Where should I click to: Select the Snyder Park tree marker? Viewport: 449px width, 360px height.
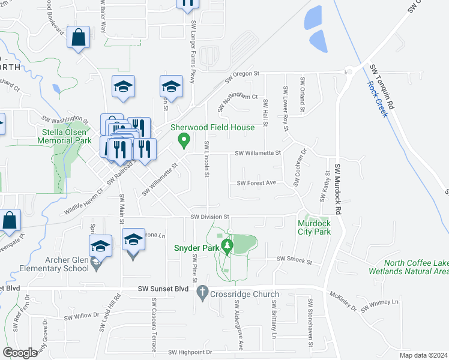(226, 246)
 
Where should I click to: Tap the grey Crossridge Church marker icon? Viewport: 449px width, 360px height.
(202, 290)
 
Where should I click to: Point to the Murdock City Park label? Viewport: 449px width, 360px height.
(314, 227)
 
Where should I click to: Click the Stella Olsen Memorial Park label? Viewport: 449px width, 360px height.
(66, 137)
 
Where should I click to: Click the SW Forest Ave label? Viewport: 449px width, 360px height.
(256, 183)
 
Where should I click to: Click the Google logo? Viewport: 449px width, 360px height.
(20, 353)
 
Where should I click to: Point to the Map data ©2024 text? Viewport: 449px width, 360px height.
(423, 355)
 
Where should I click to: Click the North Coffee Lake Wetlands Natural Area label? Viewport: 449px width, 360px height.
(417, 267)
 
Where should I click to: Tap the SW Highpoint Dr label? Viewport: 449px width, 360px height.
(190, 352)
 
